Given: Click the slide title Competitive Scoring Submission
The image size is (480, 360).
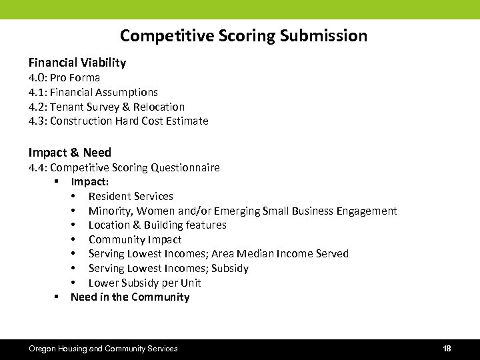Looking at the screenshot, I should [x=243, y=35].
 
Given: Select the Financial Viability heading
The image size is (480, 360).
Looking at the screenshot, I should [x=77, y=63].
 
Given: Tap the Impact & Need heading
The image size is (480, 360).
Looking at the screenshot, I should [x=70, y=153].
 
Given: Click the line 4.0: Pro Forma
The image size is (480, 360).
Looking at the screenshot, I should [x=65, y=77].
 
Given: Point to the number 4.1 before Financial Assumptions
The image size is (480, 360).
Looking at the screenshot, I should [x=37, y=92].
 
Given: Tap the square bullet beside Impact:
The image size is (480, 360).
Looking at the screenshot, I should [x=57, y=181].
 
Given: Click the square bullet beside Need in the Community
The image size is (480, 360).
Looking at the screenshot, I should [x=57, y=297].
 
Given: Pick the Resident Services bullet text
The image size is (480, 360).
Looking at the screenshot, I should [x=131, y=196].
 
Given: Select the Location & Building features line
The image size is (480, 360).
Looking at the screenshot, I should [x=157, y=225].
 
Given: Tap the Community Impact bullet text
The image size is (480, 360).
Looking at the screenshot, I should [x=135, y=239].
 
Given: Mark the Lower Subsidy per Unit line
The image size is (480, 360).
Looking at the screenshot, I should [x=145, y=283].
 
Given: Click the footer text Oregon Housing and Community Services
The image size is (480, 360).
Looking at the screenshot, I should [x=103, y=349].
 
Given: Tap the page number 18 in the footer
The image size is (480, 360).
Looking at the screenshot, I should [x=447, y=349].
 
